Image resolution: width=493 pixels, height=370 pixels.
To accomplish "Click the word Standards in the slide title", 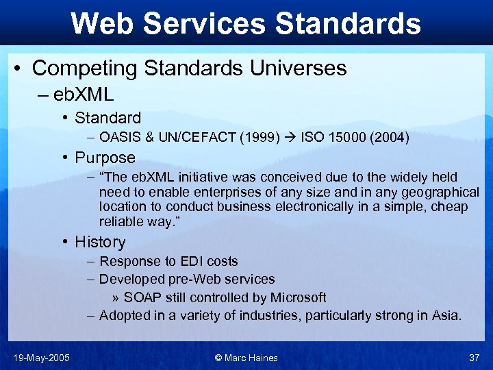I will pyautogui.click(x=348, y=23).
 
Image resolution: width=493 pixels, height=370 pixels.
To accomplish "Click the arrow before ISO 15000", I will pyautogui.click(x=290, y=138).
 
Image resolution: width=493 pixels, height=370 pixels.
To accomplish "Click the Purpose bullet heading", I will pyautogui.click(x=105, y=158).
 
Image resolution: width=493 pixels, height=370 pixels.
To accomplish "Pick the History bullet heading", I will pyautogui.click(x=100, y=242).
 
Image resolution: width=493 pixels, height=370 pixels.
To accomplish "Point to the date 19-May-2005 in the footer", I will pyautogui.click(x=41, y=358).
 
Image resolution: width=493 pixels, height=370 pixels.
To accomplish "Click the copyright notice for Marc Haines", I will pyautogui.click(x=246, y=358).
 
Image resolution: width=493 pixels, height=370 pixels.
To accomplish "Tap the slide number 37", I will pyautogui.click(x=474, y=358).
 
